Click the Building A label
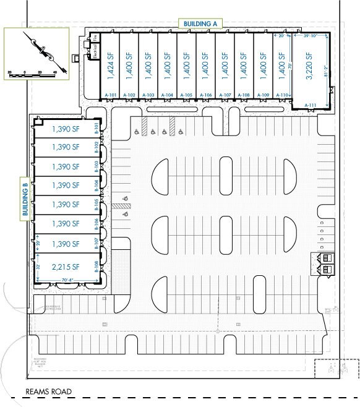click(199, 24)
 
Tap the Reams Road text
click(48, 392)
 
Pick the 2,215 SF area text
click(66, 267)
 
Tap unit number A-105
click(187, 95)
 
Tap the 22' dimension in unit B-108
click(38, 266)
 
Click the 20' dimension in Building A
click(283, 37)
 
